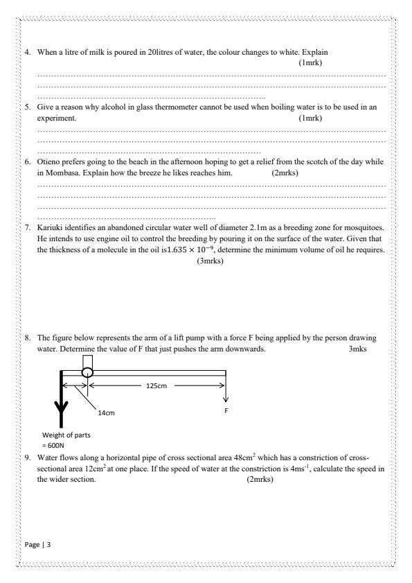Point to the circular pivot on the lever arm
tap(87, 372)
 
